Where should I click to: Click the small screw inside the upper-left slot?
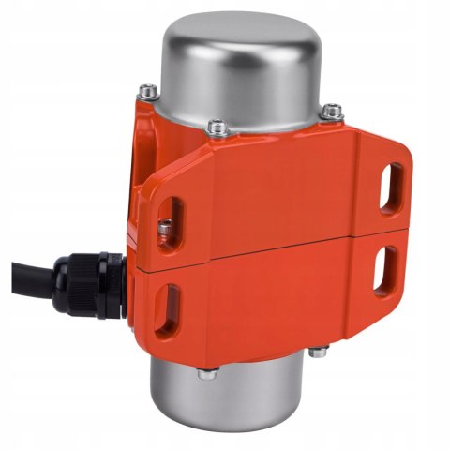[165, 227]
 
